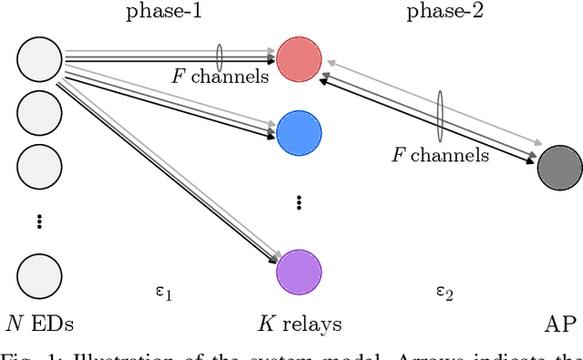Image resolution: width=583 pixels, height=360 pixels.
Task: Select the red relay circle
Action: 299,57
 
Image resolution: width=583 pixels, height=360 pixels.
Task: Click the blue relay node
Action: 299,133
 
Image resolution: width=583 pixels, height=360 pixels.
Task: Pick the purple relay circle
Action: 299,271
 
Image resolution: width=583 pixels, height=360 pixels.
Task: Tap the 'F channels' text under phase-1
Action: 220,77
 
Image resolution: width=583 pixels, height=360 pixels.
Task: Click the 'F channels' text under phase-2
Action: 441,155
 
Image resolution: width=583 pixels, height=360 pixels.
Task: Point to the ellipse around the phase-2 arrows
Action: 441,116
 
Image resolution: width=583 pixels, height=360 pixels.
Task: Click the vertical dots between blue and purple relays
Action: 299,202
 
